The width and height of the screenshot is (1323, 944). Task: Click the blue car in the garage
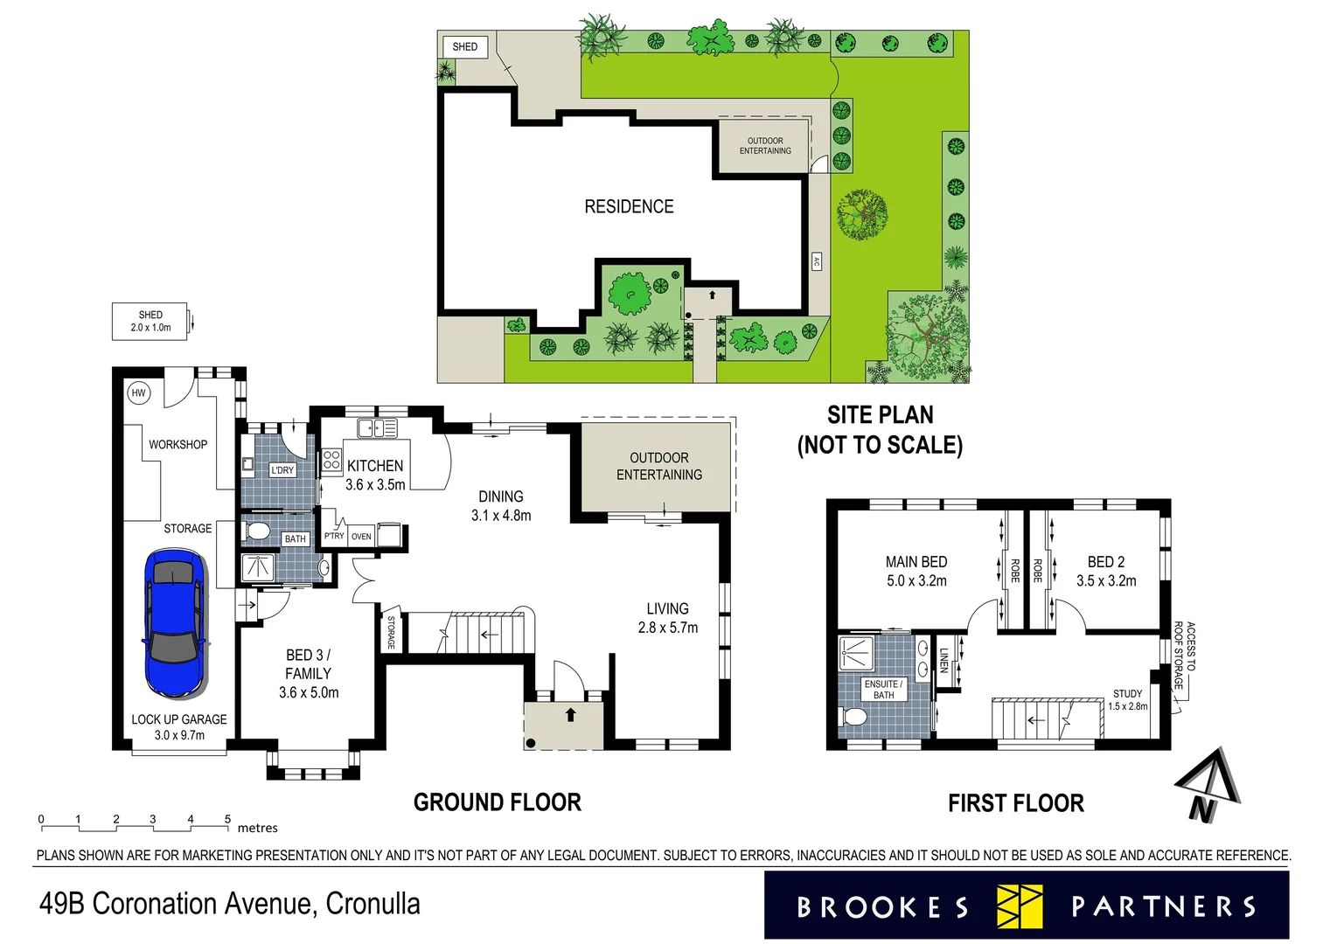point(176,622)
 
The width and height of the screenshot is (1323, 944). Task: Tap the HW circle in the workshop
point(138,393)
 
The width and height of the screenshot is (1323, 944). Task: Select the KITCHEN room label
point(375,466)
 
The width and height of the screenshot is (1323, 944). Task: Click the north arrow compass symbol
point(1206,783)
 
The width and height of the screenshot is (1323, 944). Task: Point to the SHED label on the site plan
point(465,47)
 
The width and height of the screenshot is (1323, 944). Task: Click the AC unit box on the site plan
point(817,261)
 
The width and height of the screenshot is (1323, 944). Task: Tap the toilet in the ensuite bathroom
point(853,718)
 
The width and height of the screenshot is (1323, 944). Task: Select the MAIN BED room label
point(916,562)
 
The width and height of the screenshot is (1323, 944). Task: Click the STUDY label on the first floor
point(1127,693)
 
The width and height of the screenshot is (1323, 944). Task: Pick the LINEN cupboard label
point(944,660)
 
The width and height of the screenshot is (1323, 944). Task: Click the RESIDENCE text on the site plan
point(629,207)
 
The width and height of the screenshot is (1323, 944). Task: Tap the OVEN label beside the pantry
point(361,537)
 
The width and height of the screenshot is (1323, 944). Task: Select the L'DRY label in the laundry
point(282,470)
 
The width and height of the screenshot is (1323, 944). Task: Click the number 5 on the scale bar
point(227,819)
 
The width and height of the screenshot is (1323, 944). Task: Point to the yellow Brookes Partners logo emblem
point(1020,906)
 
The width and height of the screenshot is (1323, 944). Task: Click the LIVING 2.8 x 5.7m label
point(667,618)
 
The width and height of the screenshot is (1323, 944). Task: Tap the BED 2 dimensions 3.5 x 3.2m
point(1106,581)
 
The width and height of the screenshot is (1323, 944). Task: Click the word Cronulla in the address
point(373,903)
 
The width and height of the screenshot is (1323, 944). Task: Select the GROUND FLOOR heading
point(497,802)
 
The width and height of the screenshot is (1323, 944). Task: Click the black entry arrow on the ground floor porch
point(571,714)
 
